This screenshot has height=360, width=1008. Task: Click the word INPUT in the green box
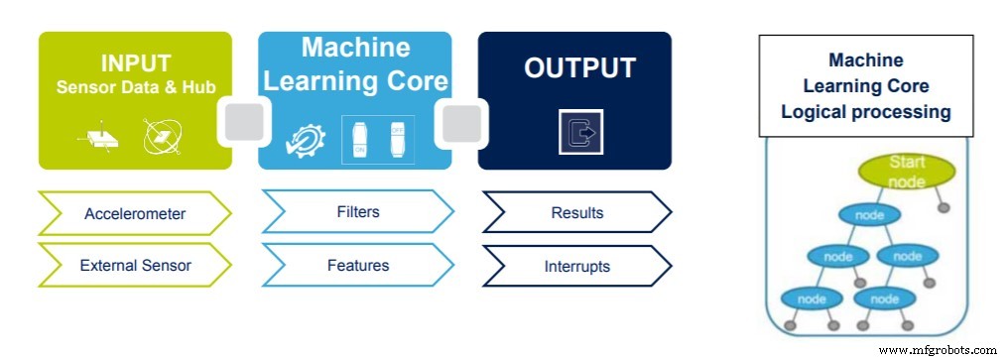(x=135, y=64)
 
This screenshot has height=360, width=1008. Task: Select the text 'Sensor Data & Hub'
(x=135, y=86)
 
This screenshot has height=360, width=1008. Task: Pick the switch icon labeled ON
(x=359, y=140)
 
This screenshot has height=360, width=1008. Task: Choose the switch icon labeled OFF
(x=399, y=140)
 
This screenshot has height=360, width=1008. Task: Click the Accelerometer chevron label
(x=134, y=213)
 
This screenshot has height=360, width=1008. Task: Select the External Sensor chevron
(x=134, y=266)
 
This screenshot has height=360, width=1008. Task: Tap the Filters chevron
(x=357, y=212)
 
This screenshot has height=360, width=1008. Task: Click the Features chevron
(x=357, y=266)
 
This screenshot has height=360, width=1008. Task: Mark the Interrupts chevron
(x=575, y=267)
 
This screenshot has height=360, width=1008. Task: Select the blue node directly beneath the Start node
(x=869, y=214)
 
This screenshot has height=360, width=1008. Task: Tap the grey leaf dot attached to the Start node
(x=945, y=208)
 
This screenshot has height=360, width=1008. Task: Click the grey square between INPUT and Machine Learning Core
(x=245, y=123)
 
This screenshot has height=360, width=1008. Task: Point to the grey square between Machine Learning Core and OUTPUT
(x=460, y=123)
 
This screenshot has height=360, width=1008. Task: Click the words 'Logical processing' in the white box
(x=865, y=112)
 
